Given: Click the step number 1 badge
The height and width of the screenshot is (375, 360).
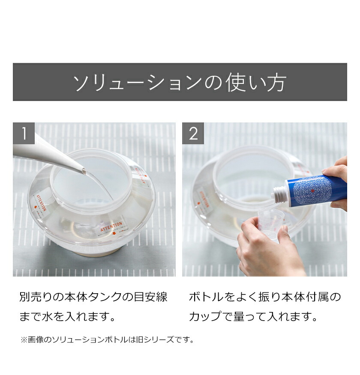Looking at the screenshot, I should (x=24, y=134).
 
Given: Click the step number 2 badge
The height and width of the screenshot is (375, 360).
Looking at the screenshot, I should (x=193, y=134).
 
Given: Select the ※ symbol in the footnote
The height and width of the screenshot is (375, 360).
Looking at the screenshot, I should (x=23, y=340).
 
